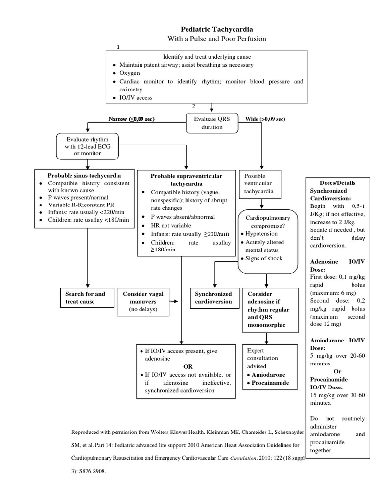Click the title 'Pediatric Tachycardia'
click(211, 29)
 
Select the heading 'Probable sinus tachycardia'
click(84, 175)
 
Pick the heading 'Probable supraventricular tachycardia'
click(186, 180)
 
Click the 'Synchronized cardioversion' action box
click(214, 298)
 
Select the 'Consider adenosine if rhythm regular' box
click(269, 309)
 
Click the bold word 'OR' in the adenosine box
click(188, 366)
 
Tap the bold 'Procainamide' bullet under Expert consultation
click(270, 383)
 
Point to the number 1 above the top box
click(118, 46)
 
